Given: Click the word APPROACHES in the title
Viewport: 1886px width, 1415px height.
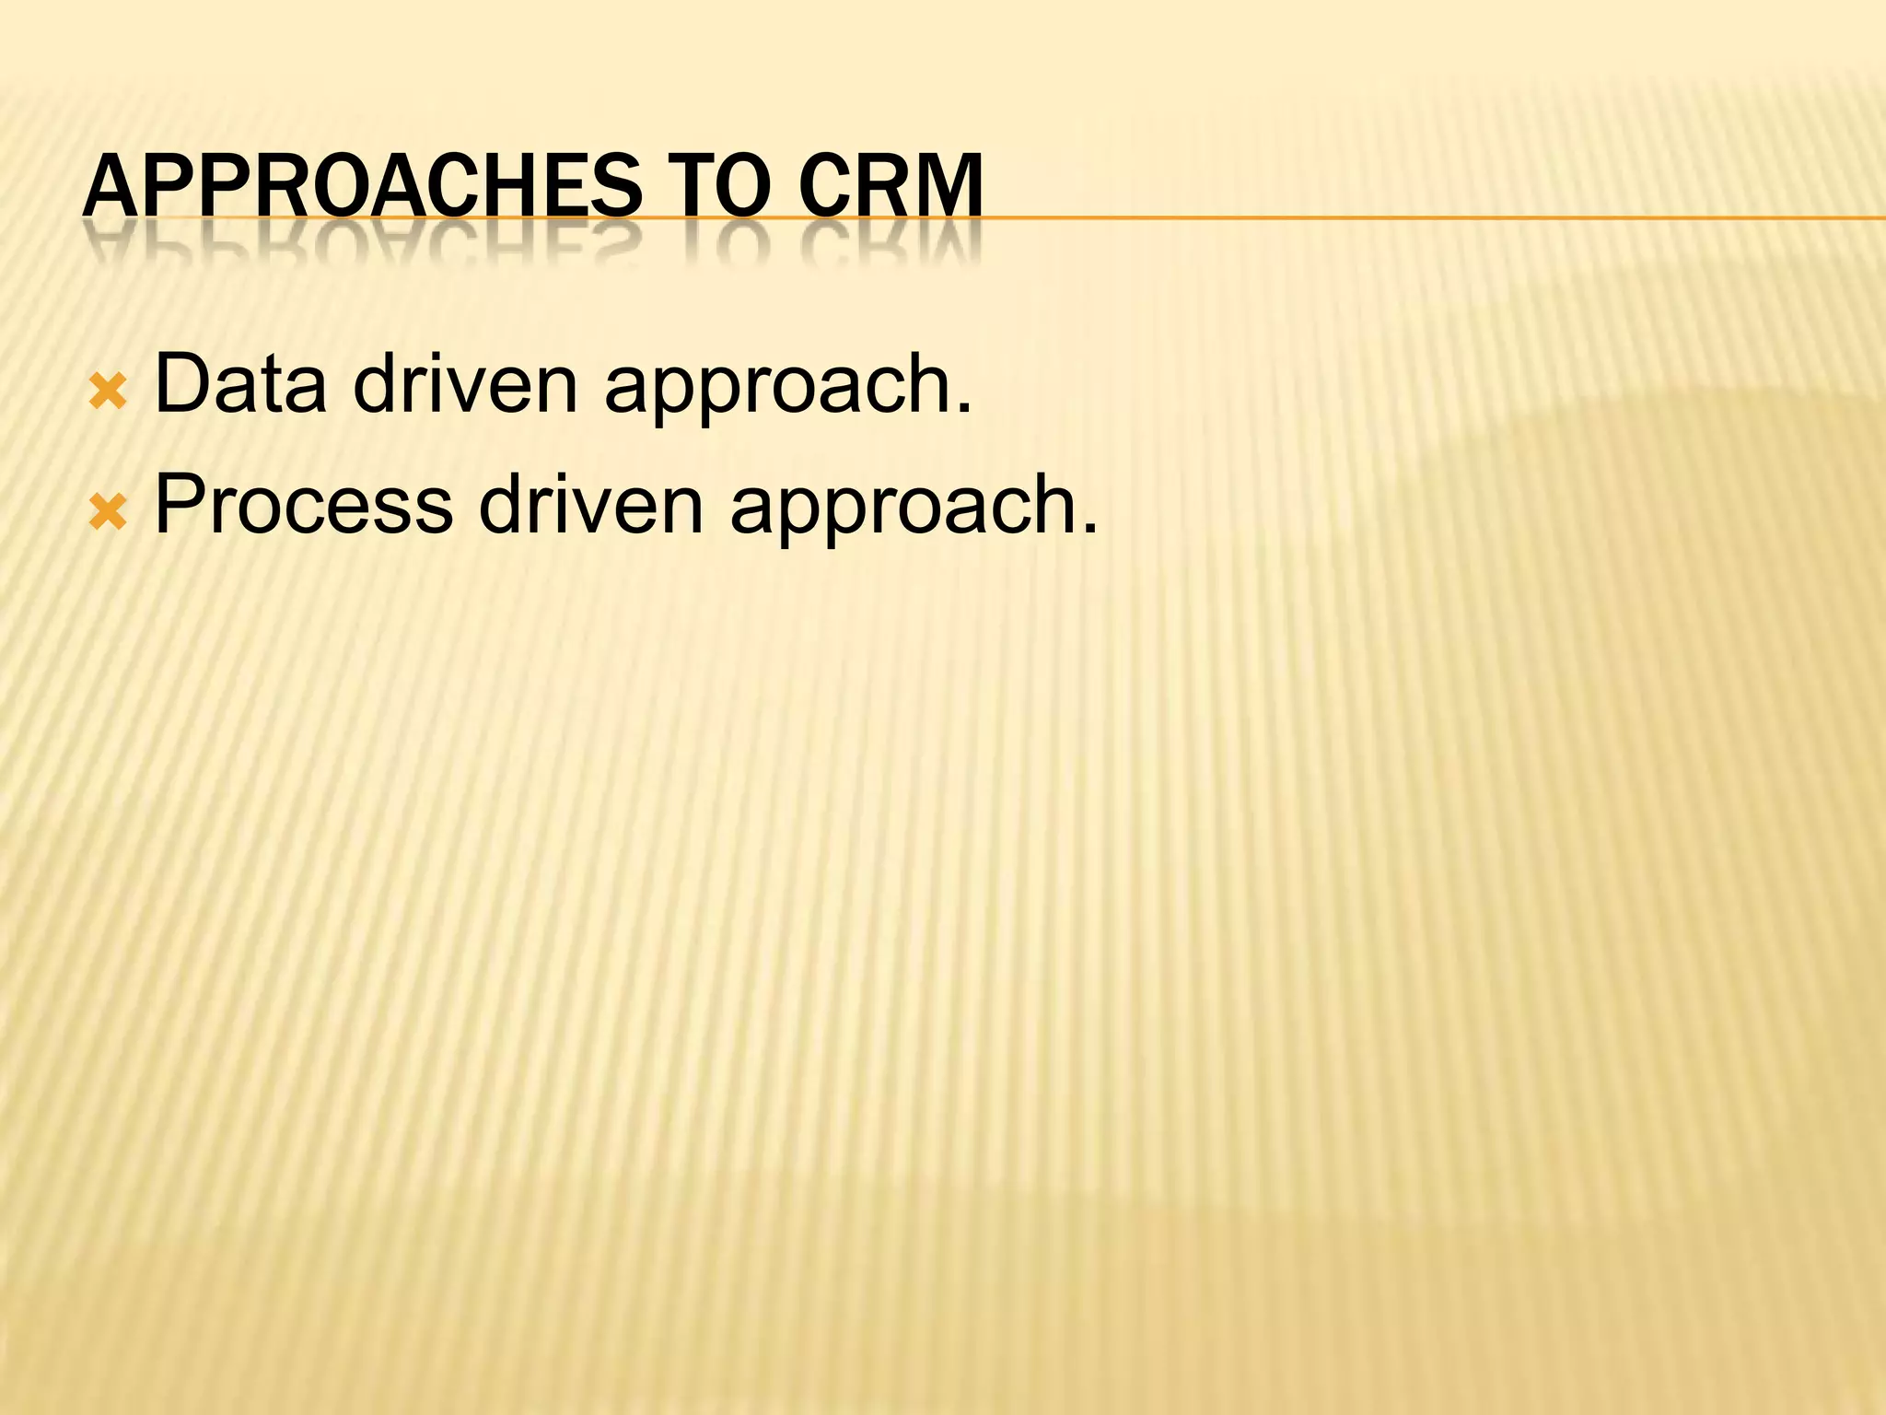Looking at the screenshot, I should pos(362,186).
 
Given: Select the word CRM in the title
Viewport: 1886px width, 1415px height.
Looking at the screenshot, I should pos(891,186).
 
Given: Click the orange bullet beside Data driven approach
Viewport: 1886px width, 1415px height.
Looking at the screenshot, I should pos(107,392).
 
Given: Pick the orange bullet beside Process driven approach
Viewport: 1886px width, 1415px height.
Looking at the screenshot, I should pos(107,512).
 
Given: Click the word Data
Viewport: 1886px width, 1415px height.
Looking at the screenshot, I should pos(240,383).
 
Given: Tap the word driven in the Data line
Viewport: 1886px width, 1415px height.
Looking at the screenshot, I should pos(465,383).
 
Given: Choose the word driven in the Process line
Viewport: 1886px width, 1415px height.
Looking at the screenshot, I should pos(591,505).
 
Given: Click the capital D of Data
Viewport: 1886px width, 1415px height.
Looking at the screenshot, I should pos(180,383).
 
